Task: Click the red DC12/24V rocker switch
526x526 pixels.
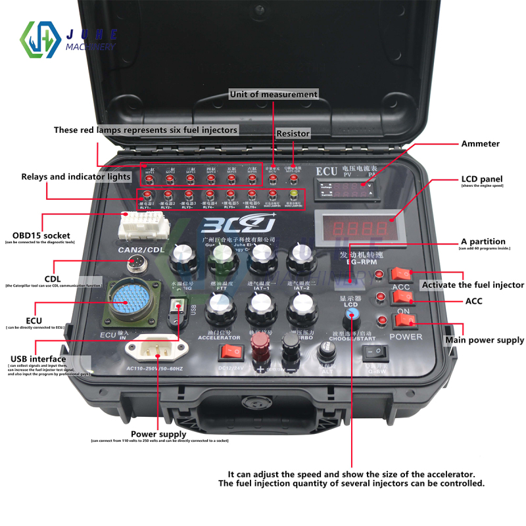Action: click(x=231, y=352)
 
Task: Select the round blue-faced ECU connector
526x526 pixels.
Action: click(x=131, y=303)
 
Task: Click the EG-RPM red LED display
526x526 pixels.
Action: click(x=356, y=228)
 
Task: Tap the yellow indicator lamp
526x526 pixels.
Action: click(x=294, y=195)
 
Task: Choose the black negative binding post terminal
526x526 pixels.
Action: click(x=290, y=344)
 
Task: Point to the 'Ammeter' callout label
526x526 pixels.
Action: click(x=480, y=143)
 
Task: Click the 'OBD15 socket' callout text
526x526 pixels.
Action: click(x=41, y=235)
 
